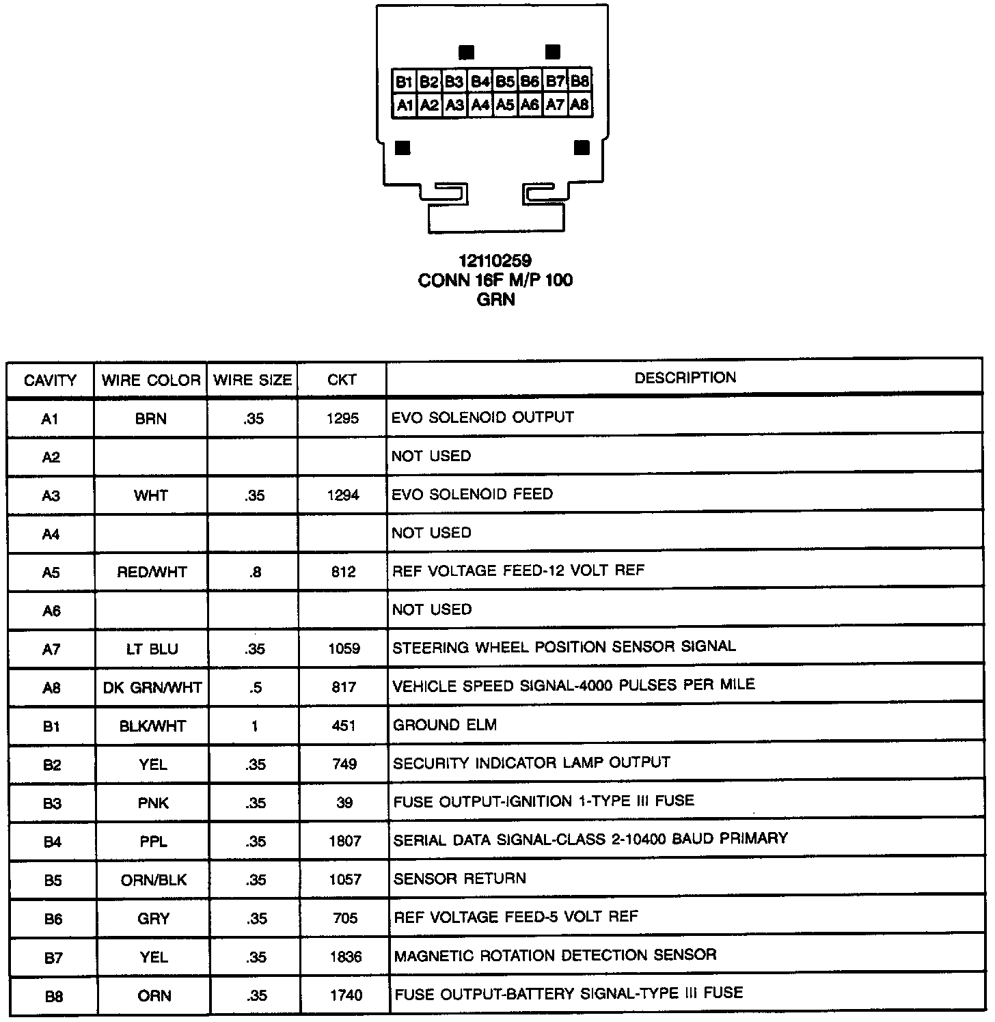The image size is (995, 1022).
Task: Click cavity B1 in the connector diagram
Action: click(404, 82)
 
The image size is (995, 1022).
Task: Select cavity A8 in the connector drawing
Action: click(580, 105)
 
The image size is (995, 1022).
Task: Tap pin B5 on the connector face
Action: click(505, 82)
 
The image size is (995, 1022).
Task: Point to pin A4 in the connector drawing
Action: click(480, 105)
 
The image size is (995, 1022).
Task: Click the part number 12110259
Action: click(495, 261)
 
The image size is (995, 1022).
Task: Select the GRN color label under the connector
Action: click(495, 299)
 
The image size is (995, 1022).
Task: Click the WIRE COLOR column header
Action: click(151, 381)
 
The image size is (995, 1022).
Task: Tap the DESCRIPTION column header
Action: click(685, 378)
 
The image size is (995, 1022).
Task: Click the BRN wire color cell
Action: click(151, 419)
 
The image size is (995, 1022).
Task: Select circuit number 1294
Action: click(343, 495)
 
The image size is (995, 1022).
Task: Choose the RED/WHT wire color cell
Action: click(152, 572)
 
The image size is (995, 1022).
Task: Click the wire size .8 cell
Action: click(255, 572)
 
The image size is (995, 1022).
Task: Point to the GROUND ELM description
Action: click(444, 725)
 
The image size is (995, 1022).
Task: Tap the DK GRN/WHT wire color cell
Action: click(152, 687)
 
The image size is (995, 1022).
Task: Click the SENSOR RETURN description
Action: click(459, 879)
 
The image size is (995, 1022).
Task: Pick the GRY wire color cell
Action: click(153, 919)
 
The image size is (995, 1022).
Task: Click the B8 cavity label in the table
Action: click(53, 996)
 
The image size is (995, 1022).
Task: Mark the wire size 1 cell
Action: click(254, 726)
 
